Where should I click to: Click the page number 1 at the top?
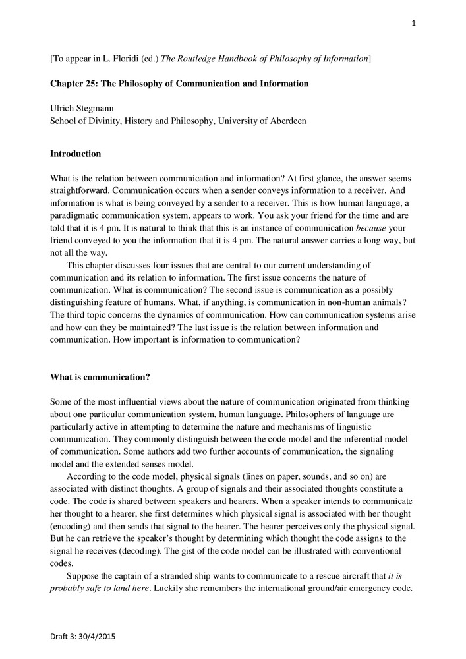414,24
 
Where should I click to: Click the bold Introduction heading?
76,154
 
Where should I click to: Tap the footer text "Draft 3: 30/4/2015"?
83,637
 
